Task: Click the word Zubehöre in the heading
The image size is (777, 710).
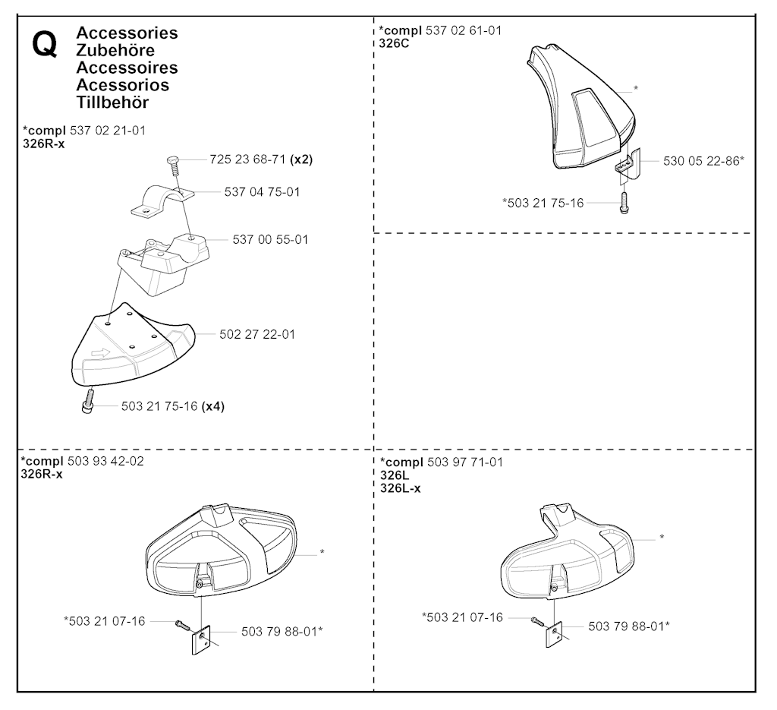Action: [115, 50]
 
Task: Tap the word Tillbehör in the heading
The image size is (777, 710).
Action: [112, 103]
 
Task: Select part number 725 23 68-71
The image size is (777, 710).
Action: [248, 159]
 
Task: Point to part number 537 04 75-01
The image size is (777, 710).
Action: [262, 192]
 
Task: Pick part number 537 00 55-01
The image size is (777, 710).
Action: [271, 239]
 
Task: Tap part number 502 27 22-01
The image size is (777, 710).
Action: [257, 334]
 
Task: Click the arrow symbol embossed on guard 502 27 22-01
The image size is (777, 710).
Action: [102, 354]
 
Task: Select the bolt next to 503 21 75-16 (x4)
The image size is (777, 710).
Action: [88, 401]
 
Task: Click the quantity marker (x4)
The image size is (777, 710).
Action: [213, 406]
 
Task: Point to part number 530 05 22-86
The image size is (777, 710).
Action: [701, 161]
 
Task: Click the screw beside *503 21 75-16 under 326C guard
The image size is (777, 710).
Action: [624, 204]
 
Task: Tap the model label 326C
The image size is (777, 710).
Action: [394, 43]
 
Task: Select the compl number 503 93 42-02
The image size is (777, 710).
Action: [105, 461]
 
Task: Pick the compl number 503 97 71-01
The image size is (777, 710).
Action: [465, 462]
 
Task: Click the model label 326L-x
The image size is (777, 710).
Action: [401, 488]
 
